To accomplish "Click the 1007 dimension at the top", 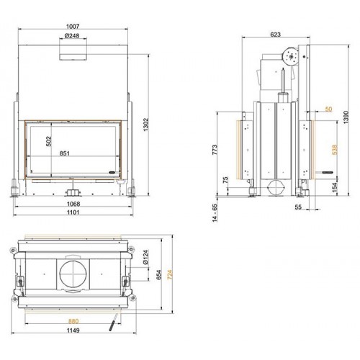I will point(73,26).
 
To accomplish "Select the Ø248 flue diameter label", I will point(73,36).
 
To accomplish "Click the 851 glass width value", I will point(74,152).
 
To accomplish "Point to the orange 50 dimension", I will point(328,109).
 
